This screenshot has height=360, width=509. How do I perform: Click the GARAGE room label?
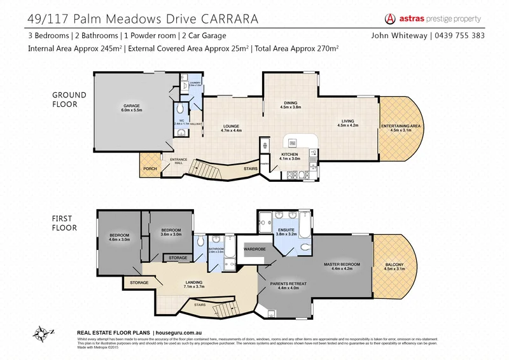click(x=132, y=106)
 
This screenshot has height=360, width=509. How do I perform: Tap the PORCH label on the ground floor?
click(x=150, y=169)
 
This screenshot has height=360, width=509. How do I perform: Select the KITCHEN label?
click(x=290, y=155)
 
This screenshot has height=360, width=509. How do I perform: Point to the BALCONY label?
click(x=394, y=266)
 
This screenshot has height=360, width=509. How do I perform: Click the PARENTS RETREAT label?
click(x=285, y=284)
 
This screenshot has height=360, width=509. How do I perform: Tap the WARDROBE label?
click(x=254, y=249)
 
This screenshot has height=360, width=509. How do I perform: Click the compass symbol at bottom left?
click(x=42, y=333)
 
